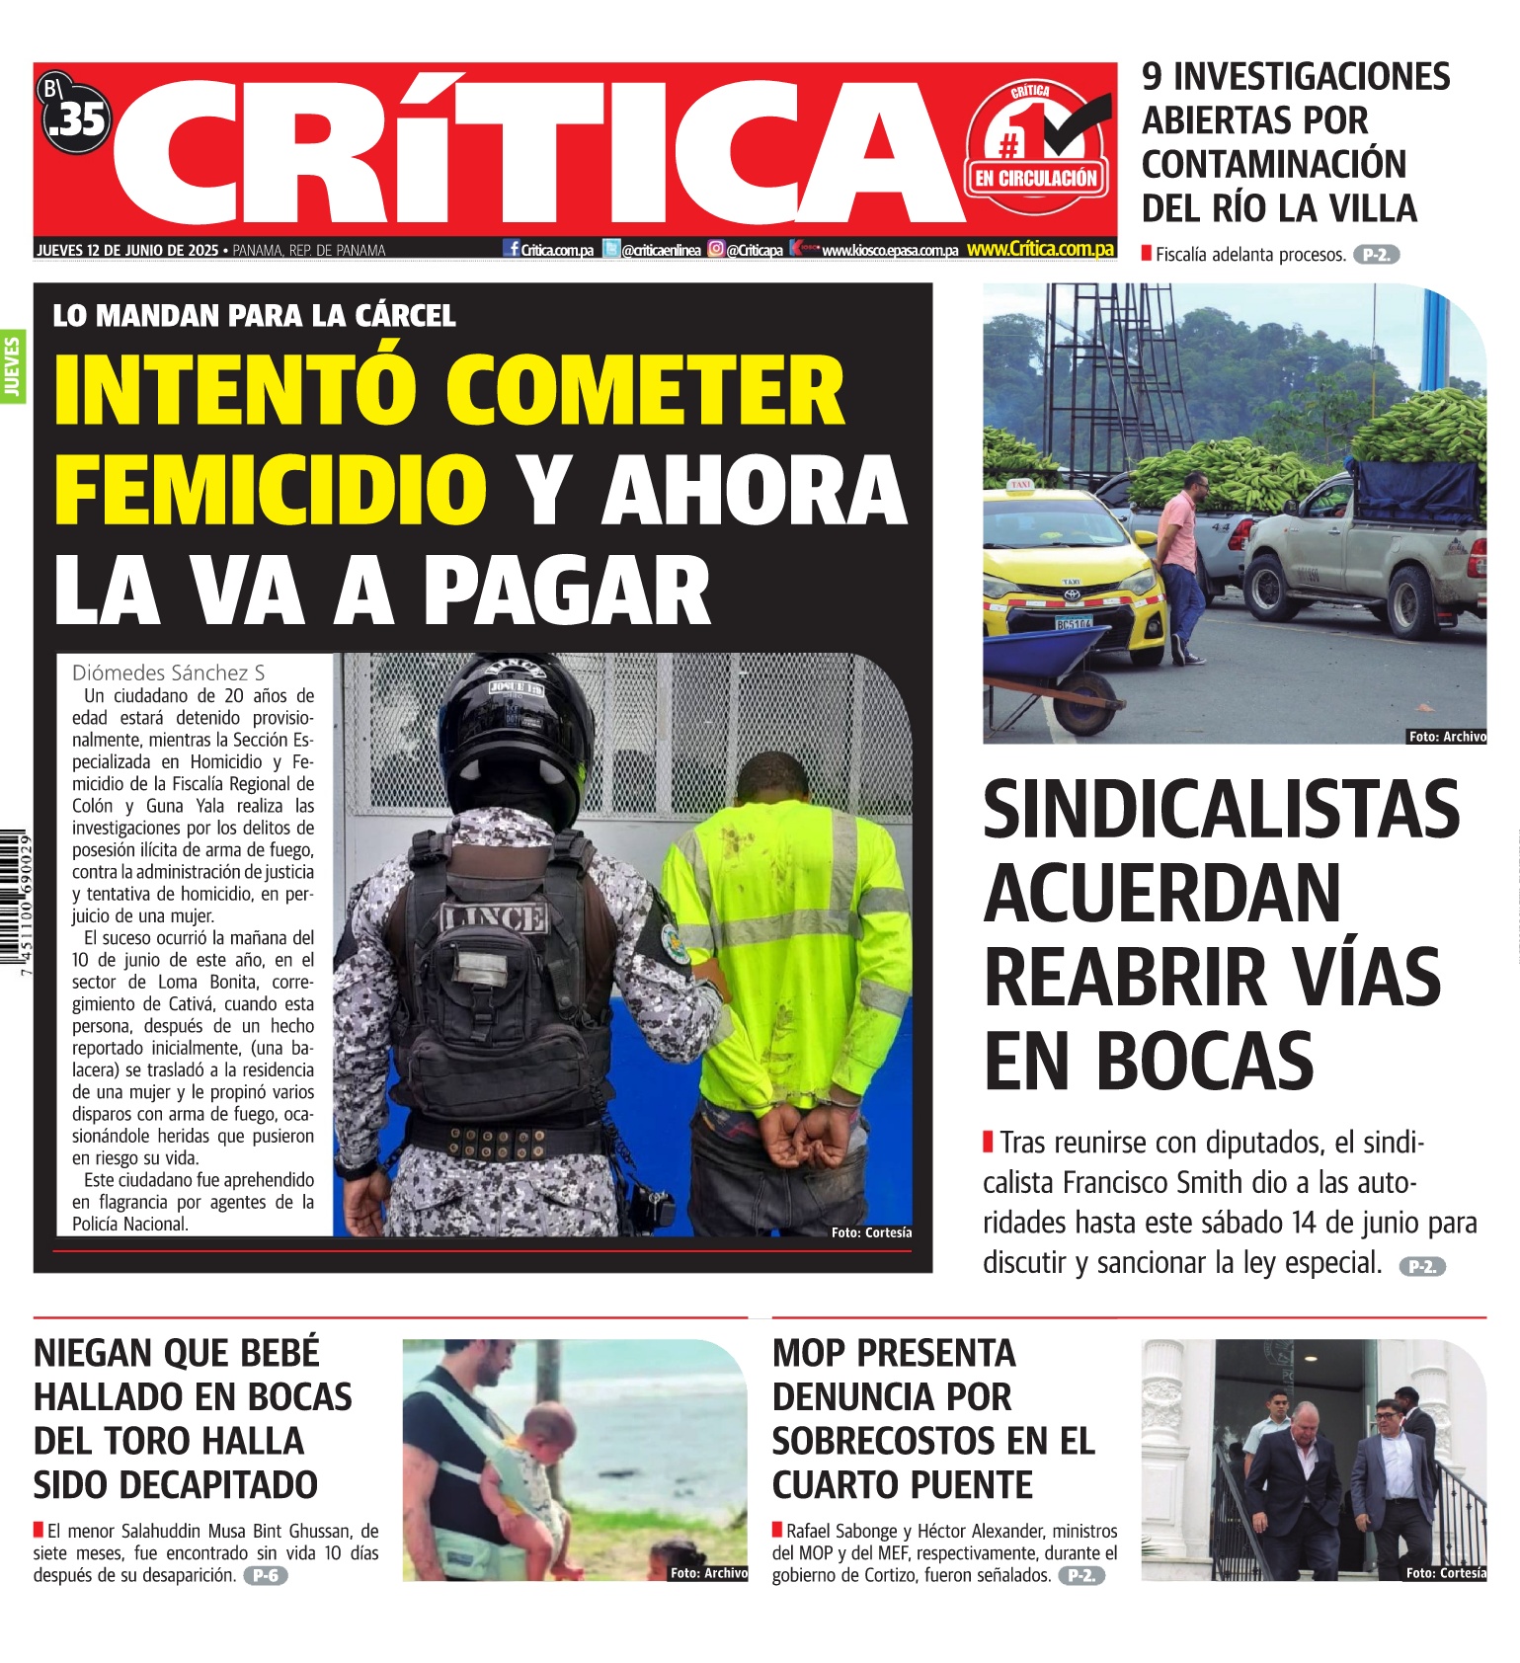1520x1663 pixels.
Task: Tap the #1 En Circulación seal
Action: point(1036,149)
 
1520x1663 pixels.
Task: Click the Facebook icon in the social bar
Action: point(512,249)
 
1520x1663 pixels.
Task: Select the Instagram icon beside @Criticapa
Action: point(716,249)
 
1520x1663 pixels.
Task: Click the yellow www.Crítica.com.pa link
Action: point(1040,249)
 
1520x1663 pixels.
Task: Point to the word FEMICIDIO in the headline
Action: point(271,489)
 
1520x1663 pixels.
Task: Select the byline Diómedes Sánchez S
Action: point(168,673)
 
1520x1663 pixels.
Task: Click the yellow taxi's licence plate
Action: point(1074,623)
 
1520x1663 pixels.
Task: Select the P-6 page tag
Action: point(265,1575)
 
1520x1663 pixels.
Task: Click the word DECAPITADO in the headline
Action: point(176,1484)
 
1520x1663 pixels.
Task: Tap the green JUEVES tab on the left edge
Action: point(12,366)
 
